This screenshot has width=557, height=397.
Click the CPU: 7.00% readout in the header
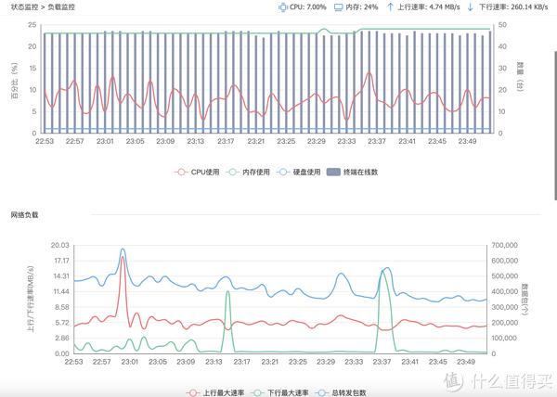tap(307, 6)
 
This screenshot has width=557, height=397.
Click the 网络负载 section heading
tap(25, 215)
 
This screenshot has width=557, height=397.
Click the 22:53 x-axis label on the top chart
tap(45, 142)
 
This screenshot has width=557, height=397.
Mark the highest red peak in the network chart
tap(123, 258)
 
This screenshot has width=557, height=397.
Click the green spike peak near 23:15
tap(228, 292)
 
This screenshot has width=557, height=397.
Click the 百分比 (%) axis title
tap(14, 82)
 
